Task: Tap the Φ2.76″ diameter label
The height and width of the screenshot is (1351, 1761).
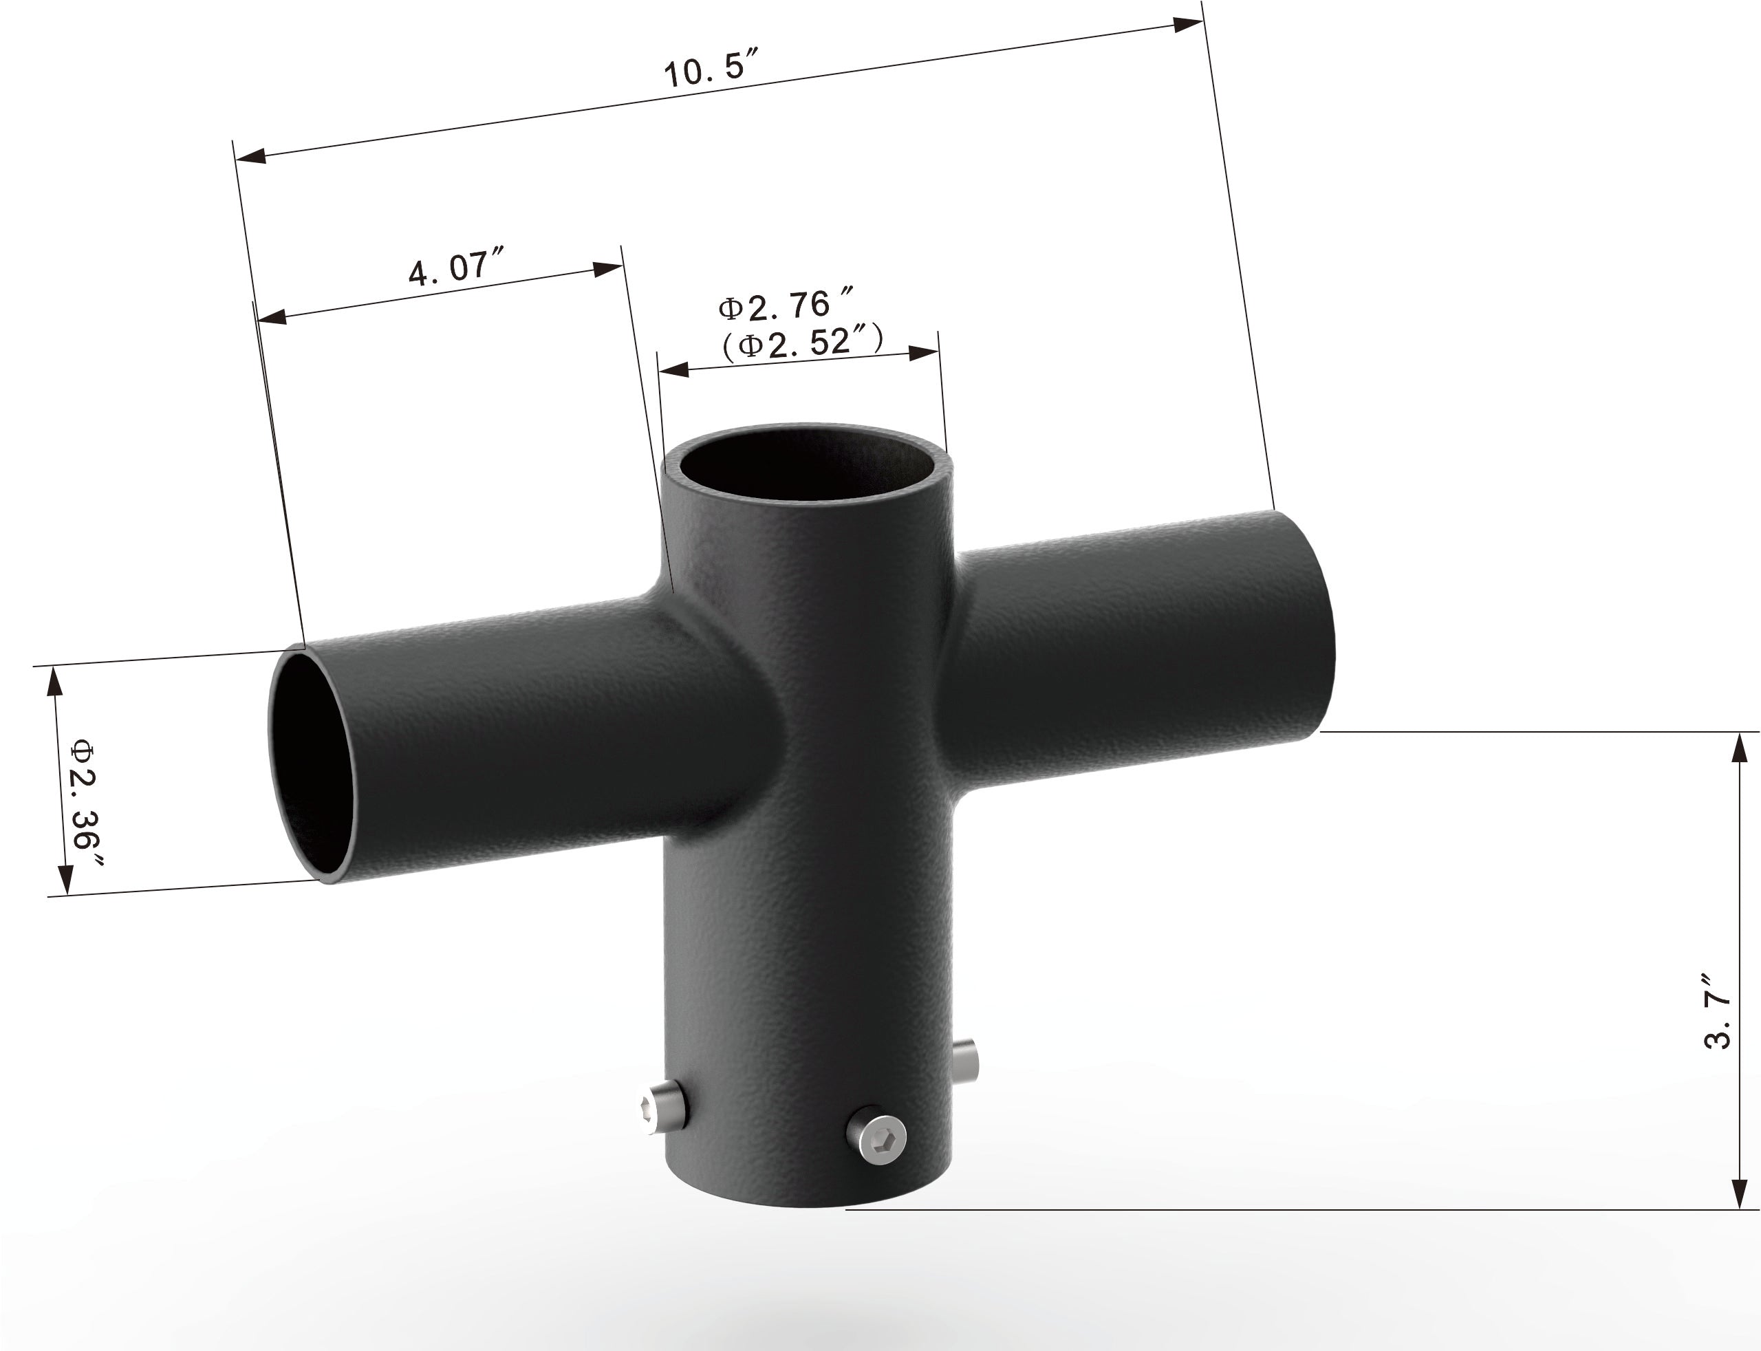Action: tap(784, 306)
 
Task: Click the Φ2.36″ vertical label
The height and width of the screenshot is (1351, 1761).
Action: tap(85, 804)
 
